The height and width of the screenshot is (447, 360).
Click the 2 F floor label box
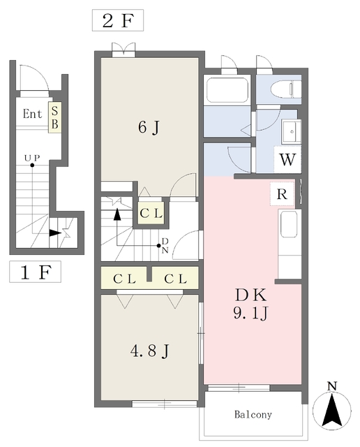click(118, 20)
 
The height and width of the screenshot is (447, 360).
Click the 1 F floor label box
click(35, 272)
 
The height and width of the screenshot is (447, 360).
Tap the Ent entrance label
click(32, 114)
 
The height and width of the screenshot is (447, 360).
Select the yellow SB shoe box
click(54, 117)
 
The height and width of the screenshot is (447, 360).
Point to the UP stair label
click(32, 158)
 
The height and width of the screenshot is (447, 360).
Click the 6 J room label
click(149, 127)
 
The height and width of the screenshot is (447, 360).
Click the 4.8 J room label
click(149, 351)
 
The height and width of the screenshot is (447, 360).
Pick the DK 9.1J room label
click(250, 304)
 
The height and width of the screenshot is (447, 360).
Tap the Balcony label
click(253, 414)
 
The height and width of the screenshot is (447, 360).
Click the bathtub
click(227, 90)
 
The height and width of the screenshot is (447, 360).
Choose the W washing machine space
click(287, 159)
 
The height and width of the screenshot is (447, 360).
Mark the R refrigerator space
click(282, 194)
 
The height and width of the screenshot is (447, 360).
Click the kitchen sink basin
click(289, 224)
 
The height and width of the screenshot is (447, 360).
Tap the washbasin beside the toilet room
click(292, 132)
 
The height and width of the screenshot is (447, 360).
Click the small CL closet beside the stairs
click(151, 213)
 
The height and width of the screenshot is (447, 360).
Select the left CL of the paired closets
click(124, 279)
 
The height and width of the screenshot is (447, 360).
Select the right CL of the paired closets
click(175, 279)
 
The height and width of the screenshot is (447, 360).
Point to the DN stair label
click(165, 246)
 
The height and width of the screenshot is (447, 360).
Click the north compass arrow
click(331, 410)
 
